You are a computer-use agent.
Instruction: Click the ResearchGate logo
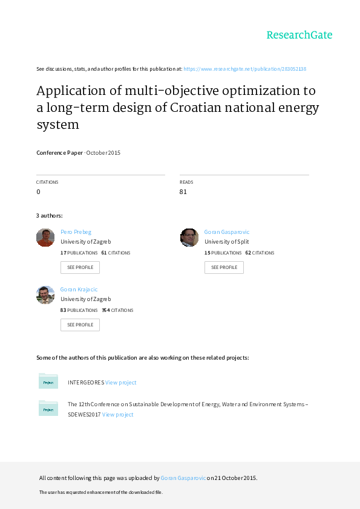tap(299, 35)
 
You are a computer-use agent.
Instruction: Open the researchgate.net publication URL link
tap(244, 69)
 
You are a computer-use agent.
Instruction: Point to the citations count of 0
tap(38, 192)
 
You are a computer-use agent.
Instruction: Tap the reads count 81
tap(183, 192)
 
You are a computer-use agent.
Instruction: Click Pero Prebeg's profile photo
tap(45, 238)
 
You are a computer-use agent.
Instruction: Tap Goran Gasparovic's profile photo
tap(189, 238)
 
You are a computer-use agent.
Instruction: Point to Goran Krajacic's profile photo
tap(45, 295)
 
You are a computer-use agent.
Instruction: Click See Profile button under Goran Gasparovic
tap(224, 267)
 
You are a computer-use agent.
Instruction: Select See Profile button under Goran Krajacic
tap(80, 325)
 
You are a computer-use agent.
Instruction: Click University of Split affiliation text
tap(226, 242)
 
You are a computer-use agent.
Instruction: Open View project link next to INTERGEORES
tap(121, 383)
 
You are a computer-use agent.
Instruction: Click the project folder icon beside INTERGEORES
tap(48, 381)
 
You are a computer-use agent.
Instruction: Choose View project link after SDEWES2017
tap(117, 415)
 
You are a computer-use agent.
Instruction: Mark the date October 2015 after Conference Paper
tap(103, 153)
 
